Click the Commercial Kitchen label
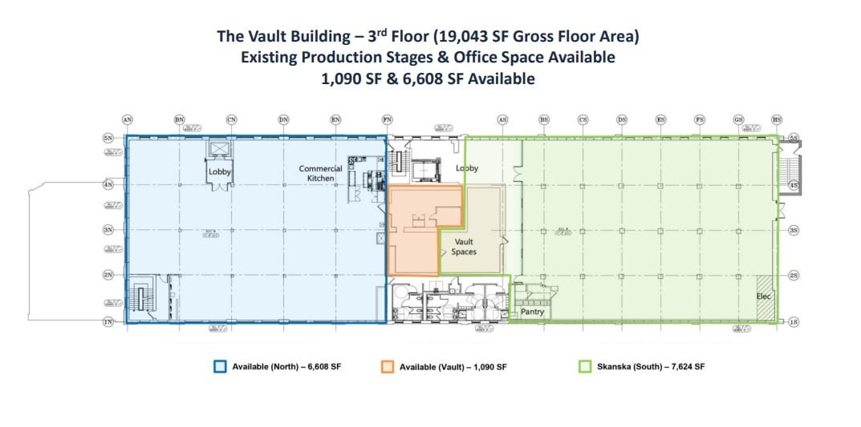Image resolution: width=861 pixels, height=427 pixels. (320, 173)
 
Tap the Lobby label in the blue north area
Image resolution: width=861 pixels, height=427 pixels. (220, 171)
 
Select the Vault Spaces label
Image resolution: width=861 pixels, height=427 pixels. (464, 247)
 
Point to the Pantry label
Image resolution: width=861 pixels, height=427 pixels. (532, 312)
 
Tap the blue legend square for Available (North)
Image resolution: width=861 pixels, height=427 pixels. (220, 367)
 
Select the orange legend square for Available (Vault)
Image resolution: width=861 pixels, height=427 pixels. (388, 367)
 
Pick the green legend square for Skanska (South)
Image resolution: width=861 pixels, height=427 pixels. (585, 367)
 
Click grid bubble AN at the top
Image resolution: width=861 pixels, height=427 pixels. (127, 119)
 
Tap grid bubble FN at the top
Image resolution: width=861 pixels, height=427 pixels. (387, 119)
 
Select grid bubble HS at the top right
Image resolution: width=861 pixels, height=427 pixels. (776, 119)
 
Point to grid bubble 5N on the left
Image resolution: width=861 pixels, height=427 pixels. (108, 139)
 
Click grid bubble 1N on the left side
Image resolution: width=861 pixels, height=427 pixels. (108, 321)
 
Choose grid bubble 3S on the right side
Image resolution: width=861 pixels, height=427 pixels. (794, 230)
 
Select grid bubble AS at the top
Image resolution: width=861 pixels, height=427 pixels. (502, 119)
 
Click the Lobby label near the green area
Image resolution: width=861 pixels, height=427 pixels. (467, 168)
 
